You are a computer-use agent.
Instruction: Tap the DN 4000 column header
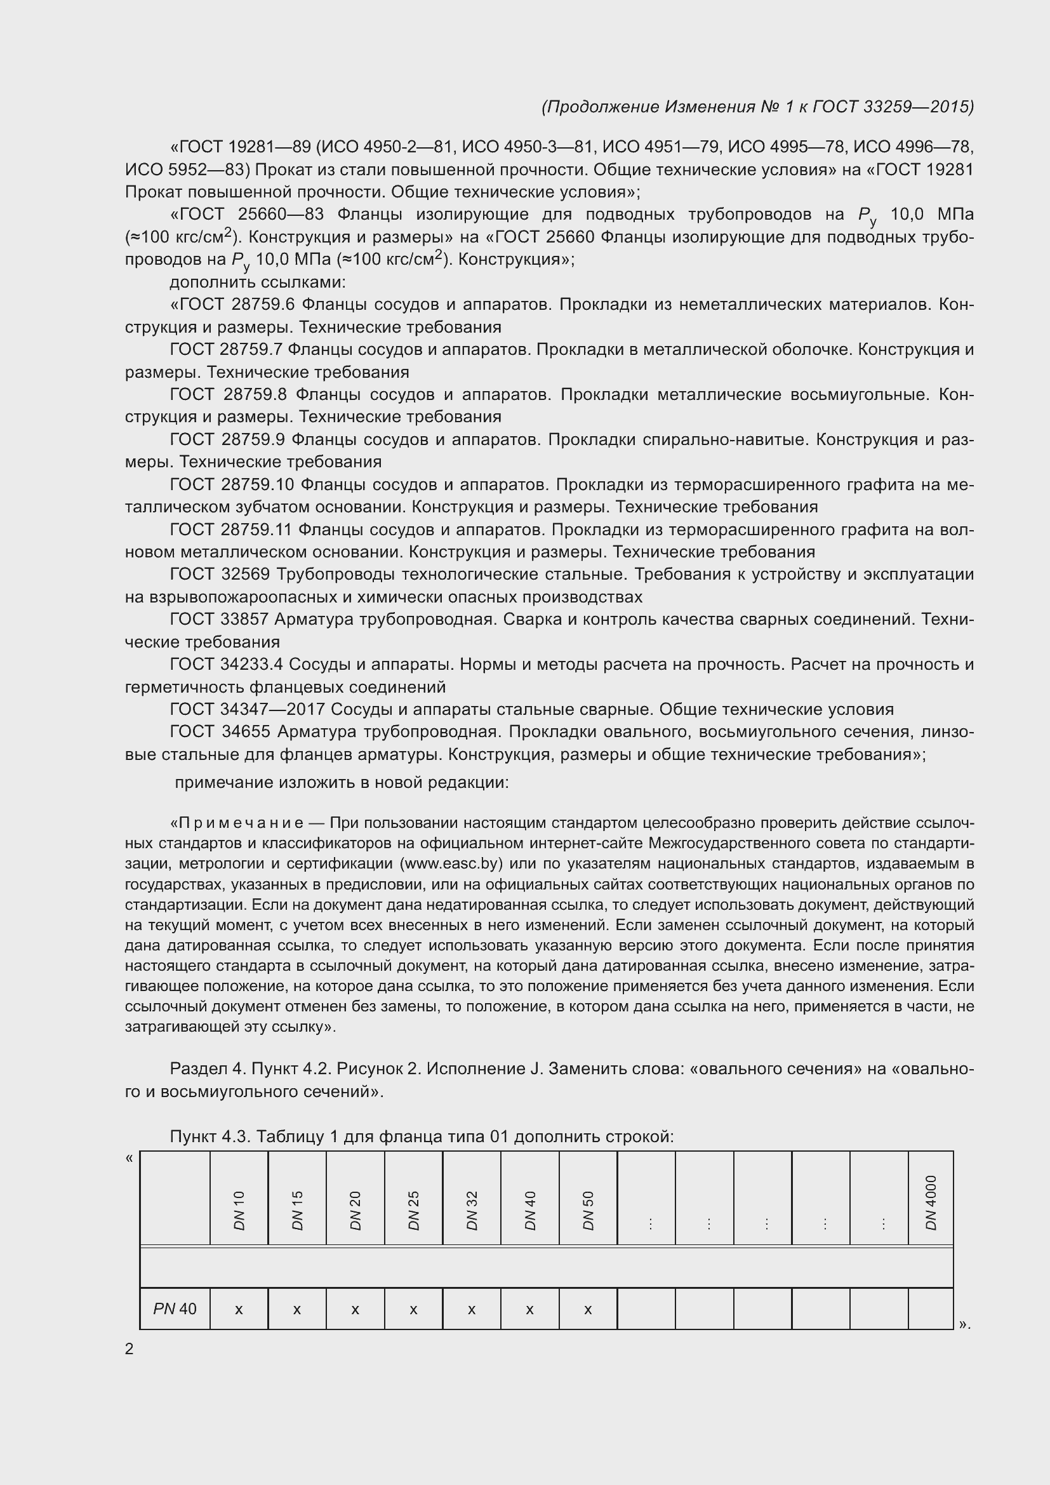(x=931, y=1202)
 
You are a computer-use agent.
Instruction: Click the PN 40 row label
(x=175, y=1309)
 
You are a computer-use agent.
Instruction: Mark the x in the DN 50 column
(x=588, y=1310)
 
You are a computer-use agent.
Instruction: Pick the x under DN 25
(x=413, y=1310)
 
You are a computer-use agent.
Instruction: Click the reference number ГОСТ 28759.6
(x=232, y=304)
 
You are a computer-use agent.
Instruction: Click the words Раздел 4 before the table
(x=206, y=1069)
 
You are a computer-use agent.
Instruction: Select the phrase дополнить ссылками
(x=257, y=282)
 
